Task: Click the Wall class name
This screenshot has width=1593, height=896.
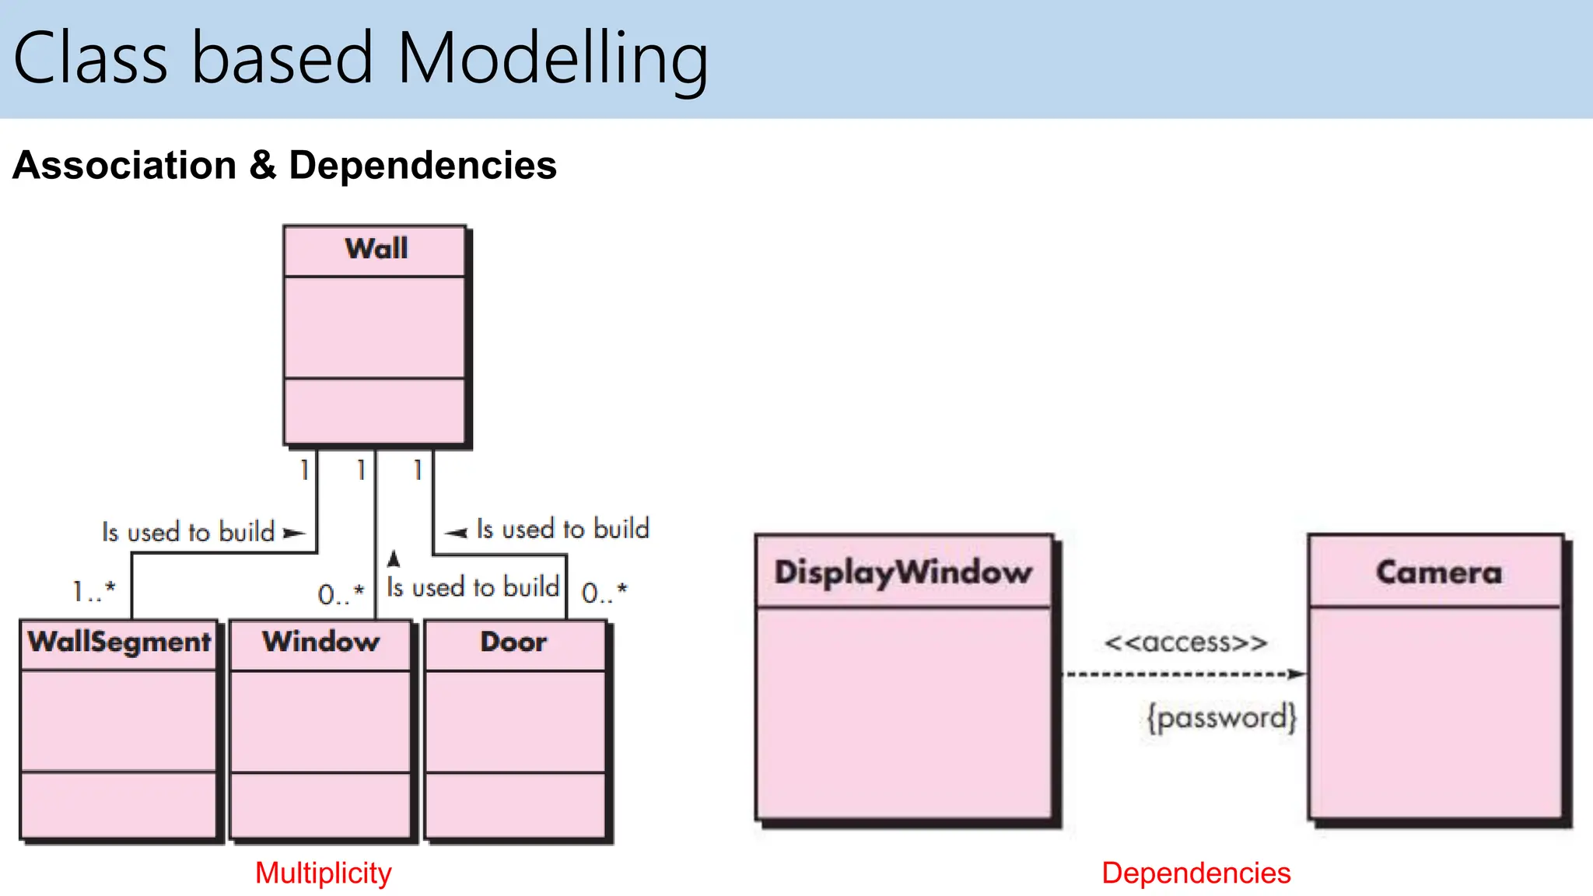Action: tap(376, 249)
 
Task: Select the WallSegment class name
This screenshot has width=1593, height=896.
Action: tap(119, 642)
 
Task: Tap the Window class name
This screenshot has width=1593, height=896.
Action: tap(320, 642)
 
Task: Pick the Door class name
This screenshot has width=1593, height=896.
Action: tap(513, 642)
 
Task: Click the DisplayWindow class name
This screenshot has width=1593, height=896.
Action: tap(903, 572)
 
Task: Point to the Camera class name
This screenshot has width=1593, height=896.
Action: tap(1438, 572)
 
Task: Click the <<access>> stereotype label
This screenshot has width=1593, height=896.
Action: tap(1185, 642)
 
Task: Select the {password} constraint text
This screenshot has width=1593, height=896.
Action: tap(1221, 716)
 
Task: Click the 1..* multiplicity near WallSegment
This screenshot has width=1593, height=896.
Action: tap(94, 591)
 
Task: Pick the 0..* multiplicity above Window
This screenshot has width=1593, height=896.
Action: tap(341, 594)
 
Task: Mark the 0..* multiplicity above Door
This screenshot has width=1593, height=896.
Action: tap(604, 593)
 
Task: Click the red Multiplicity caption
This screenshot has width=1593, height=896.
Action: tap(323, 873)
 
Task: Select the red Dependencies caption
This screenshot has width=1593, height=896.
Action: tap(1196, 873)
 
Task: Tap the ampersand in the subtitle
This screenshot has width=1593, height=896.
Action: tap(263, 165)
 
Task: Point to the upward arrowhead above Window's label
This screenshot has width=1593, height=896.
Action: tap(394, 558)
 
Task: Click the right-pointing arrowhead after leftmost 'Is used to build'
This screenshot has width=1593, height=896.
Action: tap(293, 533)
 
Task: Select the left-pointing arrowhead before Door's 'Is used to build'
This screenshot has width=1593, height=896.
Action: tap(457, 533)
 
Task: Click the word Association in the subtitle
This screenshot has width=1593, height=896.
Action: tap(124, 165)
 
